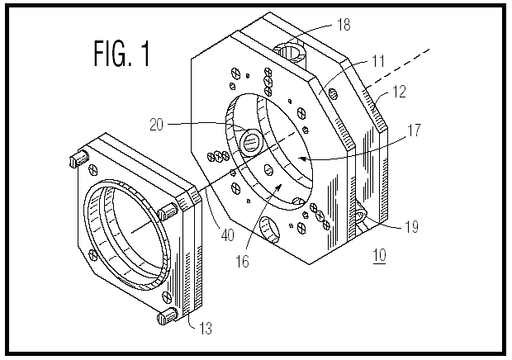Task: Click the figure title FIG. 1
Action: coord(122,53)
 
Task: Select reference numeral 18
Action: coord(344,25)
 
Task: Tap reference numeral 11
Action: coord(378,61)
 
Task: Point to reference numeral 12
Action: coord(399,92)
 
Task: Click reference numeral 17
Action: coord(414,130)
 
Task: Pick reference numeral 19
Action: coord(411,226)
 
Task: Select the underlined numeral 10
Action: coord(379,255)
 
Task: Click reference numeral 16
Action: coord(243,261)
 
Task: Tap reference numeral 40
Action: coord(228,234)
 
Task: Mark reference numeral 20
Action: coord(156,125)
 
